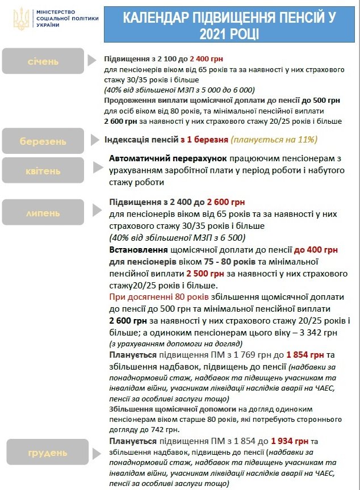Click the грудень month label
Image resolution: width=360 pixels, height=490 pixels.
point(48,453)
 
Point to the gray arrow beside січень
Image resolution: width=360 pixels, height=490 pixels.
point(92,60)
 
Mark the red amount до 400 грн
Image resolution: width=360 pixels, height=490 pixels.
point(316,250)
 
